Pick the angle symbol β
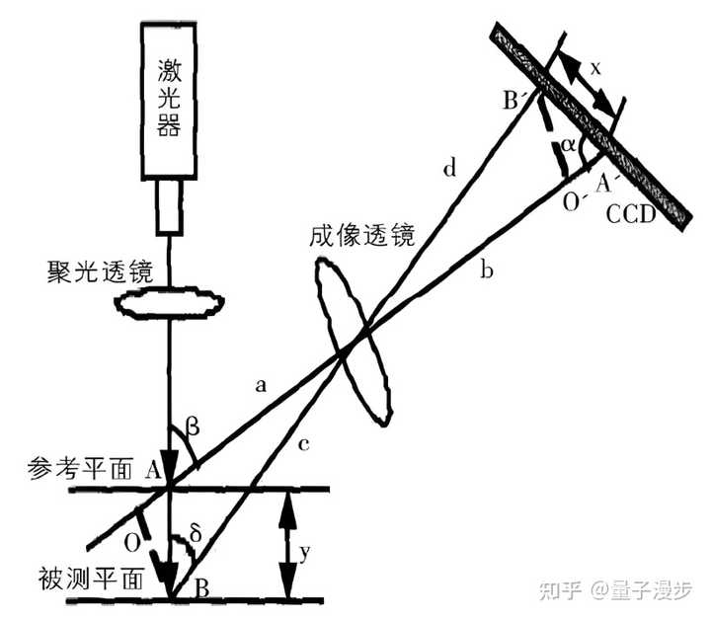[x=193, y=427]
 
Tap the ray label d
[x=449, y=170]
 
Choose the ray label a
[x=261, y=389]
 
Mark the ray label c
[x=302, y=445]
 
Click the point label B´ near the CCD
[x=515, y=99]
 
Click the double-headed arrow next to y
[x=285, y=544]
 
